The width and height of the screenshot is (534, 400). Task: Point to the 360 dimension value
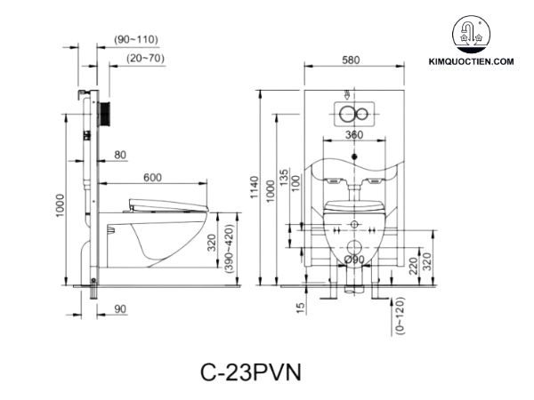click(x=354, y=134)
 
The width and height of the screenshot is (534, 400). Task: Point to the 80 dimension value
click(x=119, y=156)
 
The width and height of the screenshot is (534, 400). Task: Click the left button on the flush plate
click(x=345, y=113)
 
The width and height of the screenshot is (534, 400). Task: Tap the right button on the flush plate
click(x=362, y=113)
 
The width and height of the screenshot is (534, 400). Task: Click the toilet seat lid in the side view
click(x=169, y=203)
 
